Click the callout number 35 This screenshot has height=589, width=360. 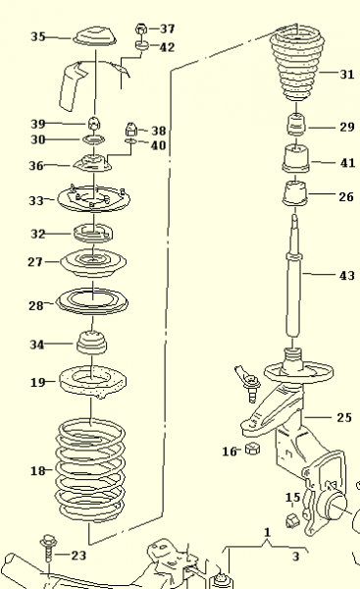pos(38,36)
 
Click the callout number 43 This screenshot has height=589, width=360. pos(346,276)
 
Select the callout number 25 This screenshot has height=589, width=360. pos(343,417)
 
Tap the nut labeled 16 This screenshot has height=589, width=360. pos(250,450)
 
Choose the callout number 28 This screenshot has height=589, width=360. pos(36,305)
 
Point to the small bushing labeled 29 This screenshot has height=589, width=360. pos(295,127)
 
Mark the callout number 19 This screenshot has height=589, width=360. pos(36,381)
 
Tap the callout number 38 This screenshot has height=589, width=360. pos(158,130)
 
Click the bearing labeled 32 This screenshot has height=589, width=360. pos(93,236)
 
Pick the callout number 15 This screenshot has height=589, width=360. pos(292,497)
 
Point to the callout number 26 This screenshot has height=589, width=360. pos(346,196)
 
